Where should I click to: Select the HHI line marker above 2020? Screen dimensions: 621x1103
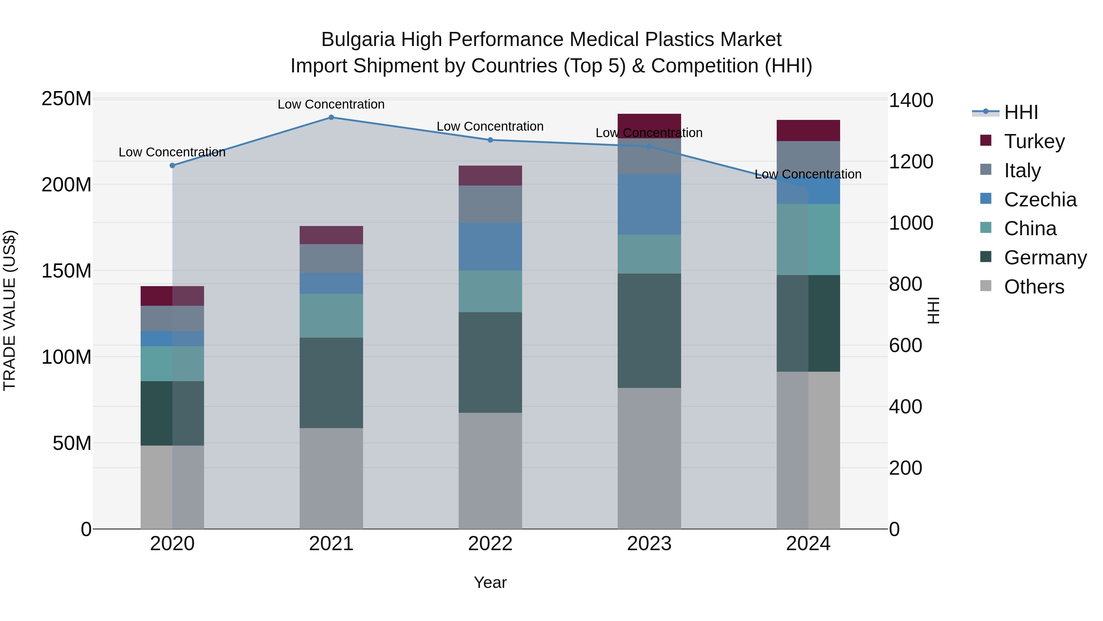pyautogui.click(x=172, y=165)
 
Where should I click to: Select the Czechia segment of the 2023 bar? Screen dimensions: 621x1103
pyautogui.click(x=649, y=204)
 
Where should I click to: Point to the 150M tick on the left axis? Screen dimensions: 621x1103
pyautogui.click(x=66, y=271)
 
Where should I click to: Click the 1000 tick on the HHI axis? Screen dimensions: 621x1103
pyautogui.click(x=911, y=223)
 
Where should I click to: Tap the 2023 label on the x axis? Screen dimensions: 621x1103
pyautogui.click(x=649, y=544)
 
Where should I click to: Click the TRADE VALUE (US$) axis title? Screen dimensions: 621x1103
pyautogui.click(x=10, y=310)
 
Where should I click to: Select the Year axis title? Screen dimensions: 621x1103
pyautogui.click(x=490, y=582)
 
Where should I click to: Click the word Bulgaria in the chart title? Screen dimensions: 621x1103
pyautogui.click(x=358, y=40)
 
